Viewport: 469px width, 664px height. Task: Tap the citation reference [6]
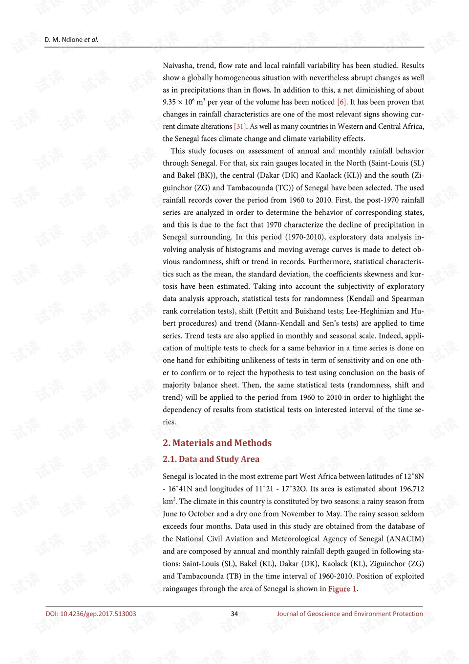[341, 102]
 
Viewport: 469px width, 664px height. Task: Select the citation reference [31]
[240, 127]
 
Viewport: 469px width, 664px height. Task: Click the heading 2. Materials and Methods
[217, 443]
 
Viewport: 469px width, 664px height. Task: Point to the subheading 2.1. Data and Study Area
[211, 459]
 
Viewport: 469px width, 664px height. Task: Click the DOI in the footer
[91, 614]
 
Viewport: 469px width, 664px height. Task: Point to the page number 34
[234, 614]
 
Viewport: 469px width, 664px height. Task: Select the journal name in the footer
[350, 614]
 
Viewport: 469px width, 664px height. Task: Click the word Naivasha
[177, 66]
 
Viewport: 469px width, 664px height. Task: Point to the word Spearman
[407, 299]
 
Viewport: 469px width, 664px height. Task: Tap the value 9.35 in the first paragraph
[169, 102]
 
